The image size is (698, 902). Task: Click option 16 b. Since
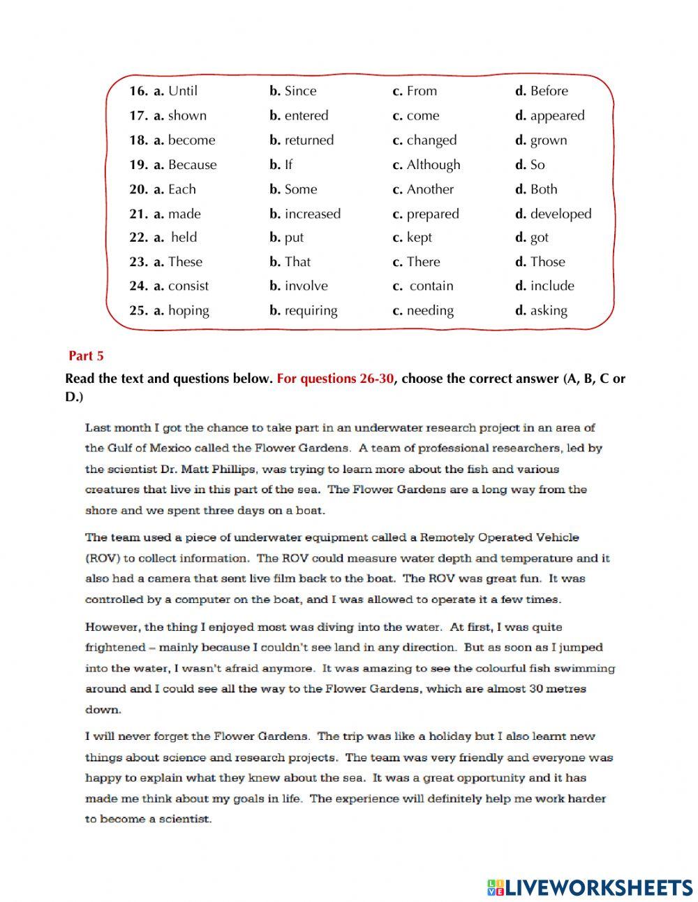click(x=293, y=91)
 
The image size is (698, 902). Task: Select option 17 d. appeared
click(x=550, y=116)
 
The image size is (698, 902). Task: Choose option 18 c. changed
click(x=424, y=140)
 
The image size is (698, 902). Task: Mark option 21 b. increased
click(x=305, y=214)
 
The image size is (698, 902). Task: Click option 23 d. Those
click(x=540, y=262)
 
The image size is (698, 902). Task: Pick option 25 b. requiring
click(x=304, y=310)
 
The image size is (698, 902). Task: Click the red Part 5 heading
click(x=86, y=356)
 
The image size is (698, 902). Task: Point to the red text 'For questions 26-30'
click(x=335, y=379)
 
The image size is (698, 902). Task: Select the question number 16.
click(x=138, y=91)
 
